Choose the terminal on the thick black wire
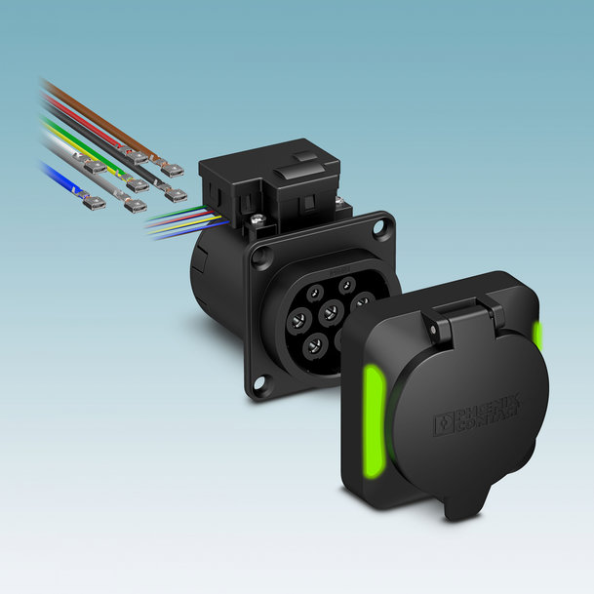coord(175,194)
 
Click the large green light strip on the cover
coord(375,419)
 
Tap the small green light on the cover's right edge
coord(537,336)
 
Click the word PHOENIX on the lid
coord(487,408)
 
